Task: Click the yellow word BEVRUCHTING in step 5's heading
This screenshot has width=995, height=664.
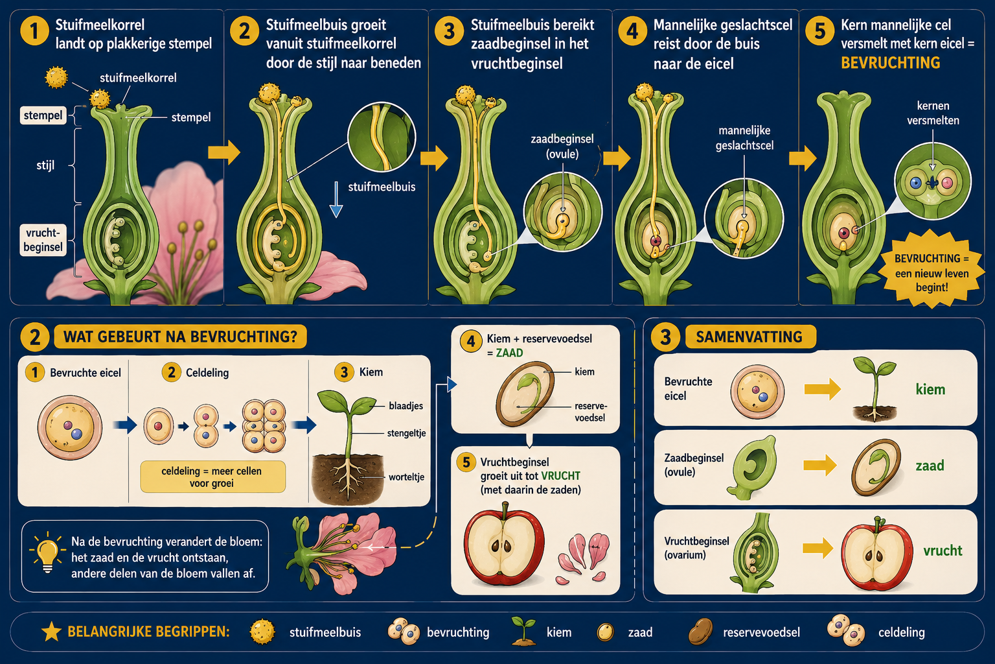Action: click(890, 63)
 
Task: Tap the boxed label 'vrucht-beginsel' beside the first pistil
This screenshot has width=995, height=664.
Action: click(43, 240)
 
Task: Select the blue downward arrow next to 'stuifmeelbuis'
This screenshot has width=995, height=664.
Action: click(336, 199)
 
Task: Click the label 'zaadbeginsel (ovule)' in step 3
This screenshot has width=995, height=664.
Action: click(562, 147)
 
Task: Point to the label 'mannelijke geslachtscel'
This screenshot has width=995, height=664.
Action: click(744, 138)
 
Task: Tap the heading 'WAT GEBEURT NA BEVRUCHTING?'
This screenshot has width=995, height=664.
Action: click(180, 337)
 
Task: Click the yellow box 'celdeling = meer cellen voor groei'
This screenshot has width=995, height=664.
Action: click(212, 477)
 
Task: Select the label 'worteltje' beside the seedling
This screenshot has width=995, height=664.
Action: click(406, 477)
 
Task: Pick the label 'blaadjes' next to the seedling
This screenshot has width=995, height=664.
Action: click(406, 406)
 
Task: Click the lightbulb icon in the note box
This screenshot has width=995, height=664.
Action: click(47, 552)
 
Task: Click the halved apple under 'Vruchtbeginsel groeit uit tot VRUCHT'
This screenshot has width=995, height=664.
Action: click(504, 544)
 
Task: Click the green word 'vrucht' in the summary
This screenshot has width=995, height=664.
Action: click(943, 551)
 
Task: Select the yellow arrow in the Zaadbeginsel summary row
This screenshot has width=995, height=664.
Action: click(820, 465)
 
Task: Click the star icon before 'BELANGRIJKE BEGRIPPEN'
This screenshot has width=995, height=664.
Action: click(51, 632)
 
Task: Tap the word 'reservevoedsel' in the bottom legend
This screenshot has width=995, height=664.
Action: click(761, 632)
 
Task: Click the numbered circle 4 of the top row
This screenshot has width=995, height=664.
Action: click(632, 31)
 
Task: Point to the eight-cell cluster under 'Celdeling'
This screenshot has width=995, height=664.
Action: click(264, 425)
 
